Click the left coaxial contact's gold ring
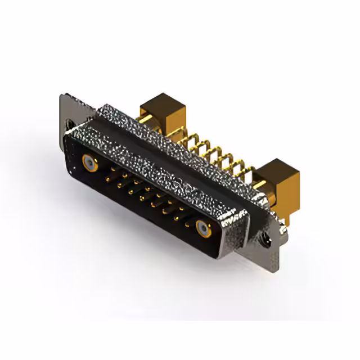tap(90, 163)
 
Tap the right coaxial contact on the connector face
tap(203, 228)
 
